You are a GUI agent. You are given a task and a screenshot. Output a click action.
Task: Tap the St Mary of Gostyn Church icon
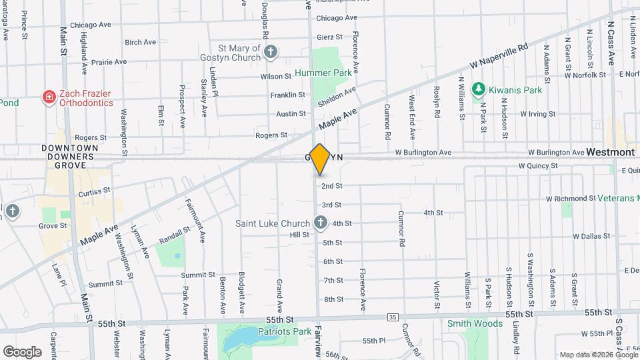click(270, 51)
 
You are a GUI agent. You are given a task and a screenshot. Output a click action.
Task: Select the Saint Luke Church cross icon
click(320, 223)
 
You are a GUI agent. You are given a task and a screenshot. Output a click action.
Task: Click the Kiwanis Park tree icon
click(477, 89)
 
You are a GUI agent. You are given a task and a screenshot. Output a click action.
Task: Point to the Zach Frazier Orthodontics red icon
click(49, 98)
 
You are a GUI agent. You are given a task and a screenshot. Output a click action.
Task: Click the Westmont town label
click(611, 152)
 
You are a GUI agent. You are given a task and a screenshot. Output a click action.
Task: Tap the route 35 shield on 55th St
click(392, 317)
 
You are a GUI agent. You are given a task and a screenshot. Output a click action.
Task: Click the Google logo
click(23, 351)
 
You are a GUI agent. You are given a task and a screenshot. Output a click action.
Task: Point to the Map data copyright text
click(598, 355)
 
